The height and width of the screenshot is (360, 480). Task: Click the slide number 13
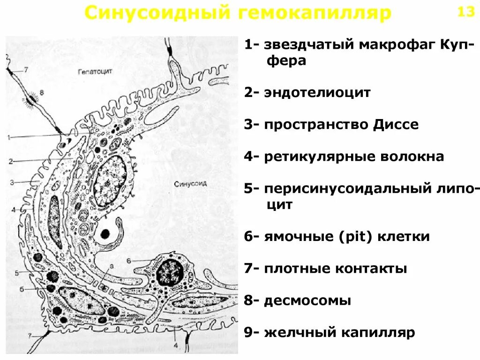[466, 12]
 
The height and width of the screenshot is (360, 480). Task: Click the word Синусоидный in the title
[157, 13]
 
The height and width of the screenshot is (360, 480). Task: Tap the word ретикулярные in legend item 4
[315, 156]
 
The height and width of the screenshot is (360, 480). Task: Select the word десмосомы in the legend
[307, 300]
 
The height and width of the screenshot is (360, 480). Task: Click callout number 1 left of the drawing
[9, 137]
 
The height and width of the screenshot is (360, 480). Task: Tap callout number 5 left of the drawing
[16, 272]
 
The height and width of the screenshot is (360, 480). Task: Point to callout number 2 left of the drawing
[10, 161]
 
